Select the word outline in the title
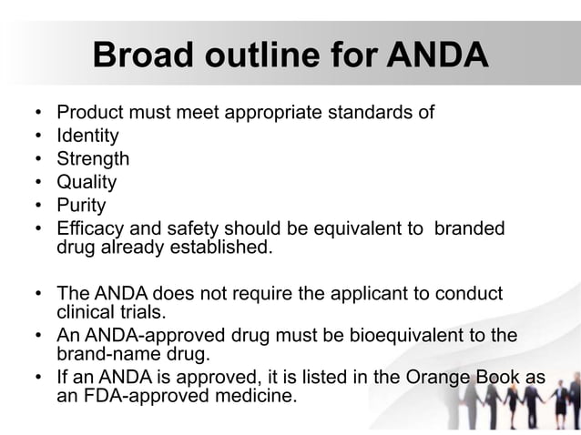click(x=265, y=56)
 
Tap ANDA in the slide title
click(x=437, y=56)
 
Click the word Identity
click(x=87, y=137)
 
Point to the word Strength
click(x=93, y=159)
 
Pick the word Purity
click(x=81, y=206)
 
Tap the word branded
click(x=469, y=228)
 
